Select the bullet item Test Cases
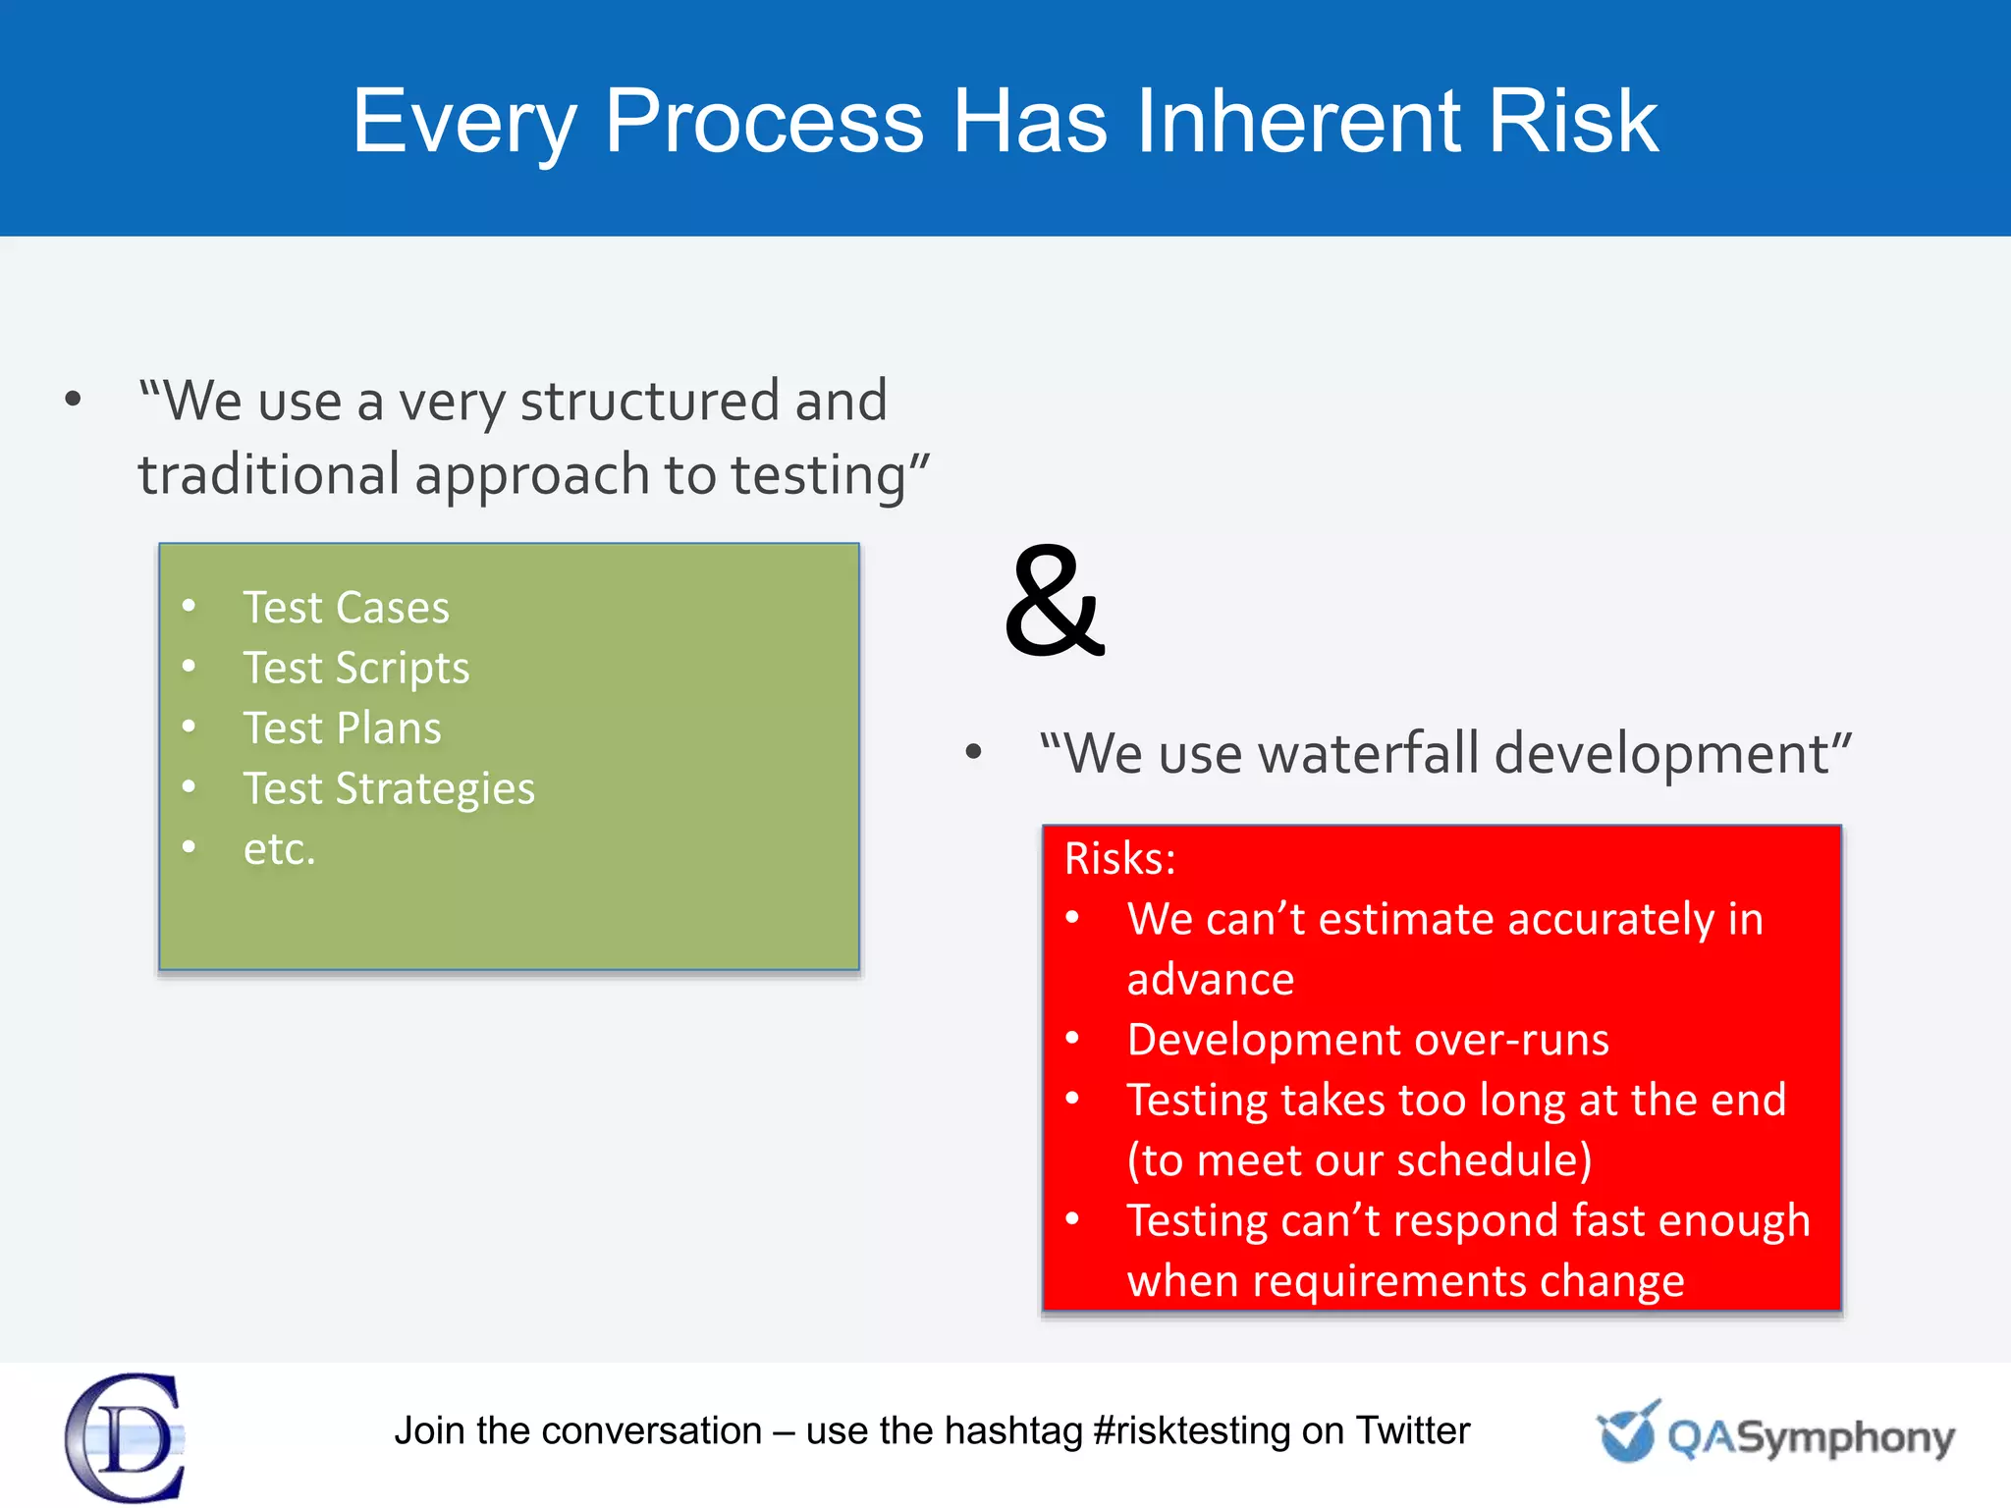(x=346, y=608)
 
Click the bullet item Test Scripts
(x=355, y=669)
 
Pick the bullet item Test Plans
(x=342, y=728)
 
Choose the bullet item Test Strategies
(x=389, y=789)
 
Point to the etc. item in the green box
(x=279, y=849)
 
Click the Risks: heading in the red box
(x=1119, y=859)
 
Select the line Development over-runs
(x=1368, y=1040)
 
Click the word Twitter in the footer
(x=1412, y=1431)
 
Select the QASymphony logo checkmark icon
(x=1627, y=1432)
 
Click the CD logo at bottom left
(x=126, y=1437)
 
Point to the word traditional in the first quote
(x=267, y=475)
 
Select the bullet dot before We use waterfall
(x=973, y=753)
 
